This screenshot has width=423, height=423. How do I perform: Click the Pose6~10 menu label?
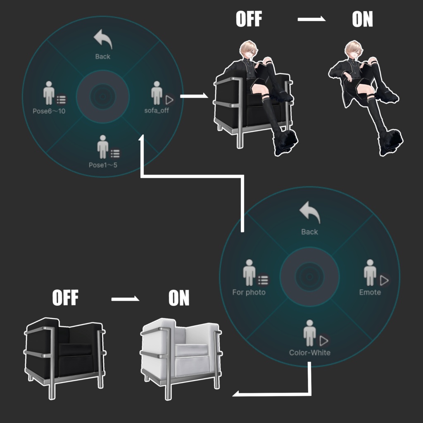pyautogui.click(x=49, y=111)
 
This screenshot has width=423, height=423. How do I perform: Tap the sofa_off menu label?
pyautogui.click(x=157, y=111)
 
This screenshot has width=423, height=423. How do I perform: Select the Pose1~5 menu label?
pyautogui.click(x=103, y=165)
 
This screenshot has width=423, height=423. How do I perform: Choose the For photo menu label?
pyautogui.click(x=249, y=292)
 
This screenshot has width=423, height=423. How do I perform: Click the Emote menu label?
pyautogui.click(x=370, y=292)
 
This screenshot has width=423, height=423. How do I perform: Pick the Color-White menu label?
pyautogui.click(x=310, y=353)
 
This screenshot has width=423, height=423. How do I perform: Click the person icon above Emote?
pyautogui.click(x=370, y=273)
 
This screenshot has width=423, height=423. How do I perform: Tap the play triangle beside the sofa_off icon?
pyautogui.click(x=169, y=100)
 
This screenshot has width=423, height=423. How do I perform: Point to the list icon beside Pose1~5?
pyautogui.click(x=115, y=154)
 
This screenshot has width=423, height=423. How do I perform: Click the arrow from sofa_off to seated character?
pyautogui.click(x=194, y=96)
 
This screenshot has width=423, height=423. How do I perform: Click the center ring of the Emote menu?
pyautogui.click(x=310, y=277)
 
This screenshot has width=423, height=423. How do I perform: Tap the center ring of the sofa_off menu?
pyautogui.click(x=103, y=97)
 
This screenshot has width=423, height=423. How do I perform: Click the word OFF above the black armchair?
pyautogui.click(x=65, y=297)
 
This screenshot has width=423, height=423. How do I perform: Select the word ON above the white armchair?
pyautogui.click(x=179, y=297)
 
